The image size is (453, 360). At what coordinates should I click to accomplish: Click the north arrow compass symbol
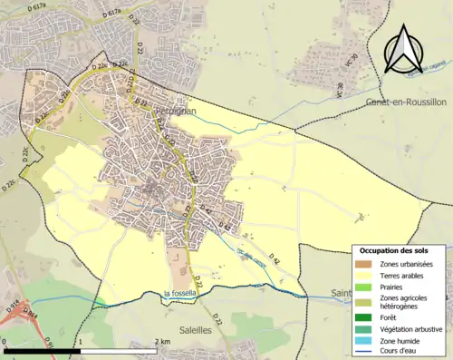[404, 48]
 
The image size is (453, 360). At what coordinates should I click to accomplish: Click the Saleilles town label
[196, 331]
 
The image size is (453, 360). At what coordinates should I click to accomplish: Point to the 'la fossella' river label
[183, 293]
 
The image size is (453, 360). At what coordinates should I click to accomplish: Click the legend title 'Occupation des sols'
[400, 250]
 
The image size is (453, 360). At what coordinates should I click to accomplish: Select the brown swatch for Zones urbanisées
[367, 263]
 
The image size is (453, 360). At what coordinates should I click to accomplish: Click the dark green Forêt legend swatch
[367, 316]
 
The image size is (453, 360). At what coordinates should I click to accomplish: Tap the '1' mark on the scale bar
[82, 341]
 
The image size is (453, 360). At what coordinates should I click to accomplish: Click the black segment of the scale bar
[43, 350]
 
